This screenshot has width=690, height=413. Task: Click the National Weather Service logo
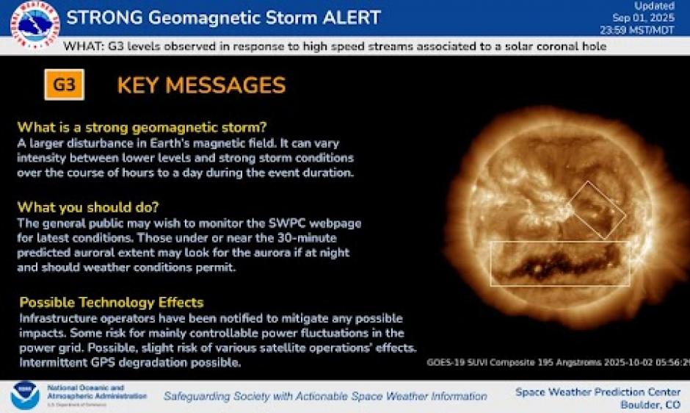click(35, 25)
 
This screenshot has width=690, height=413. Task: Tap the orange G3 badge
click(65, 85)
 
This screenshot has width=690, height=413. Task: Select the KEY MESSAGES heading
click(201, 85)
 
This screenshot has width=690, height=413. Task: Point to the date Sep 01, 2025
click(643, 18)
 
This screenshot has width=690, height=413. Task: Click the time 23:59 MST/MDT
click(637, 30)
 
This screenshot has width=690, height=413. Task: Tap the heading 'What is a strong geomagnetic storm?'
click(142, 127)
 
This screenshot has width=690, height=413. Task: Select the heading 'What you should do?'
click(88, 207)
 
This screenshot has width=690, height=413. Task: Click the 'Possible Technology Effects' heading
click(112, 302)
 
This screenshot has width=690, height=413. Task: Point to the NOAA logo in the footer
click(25, 395)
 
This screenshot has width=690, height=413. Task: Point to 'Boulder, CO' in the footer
click(650, 405)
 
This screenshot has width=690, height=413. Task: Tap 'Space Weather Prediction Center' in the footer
click(598, 392)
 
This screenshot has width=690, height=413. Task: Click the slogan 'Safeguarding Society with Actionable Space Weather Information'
click(325, 396)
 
